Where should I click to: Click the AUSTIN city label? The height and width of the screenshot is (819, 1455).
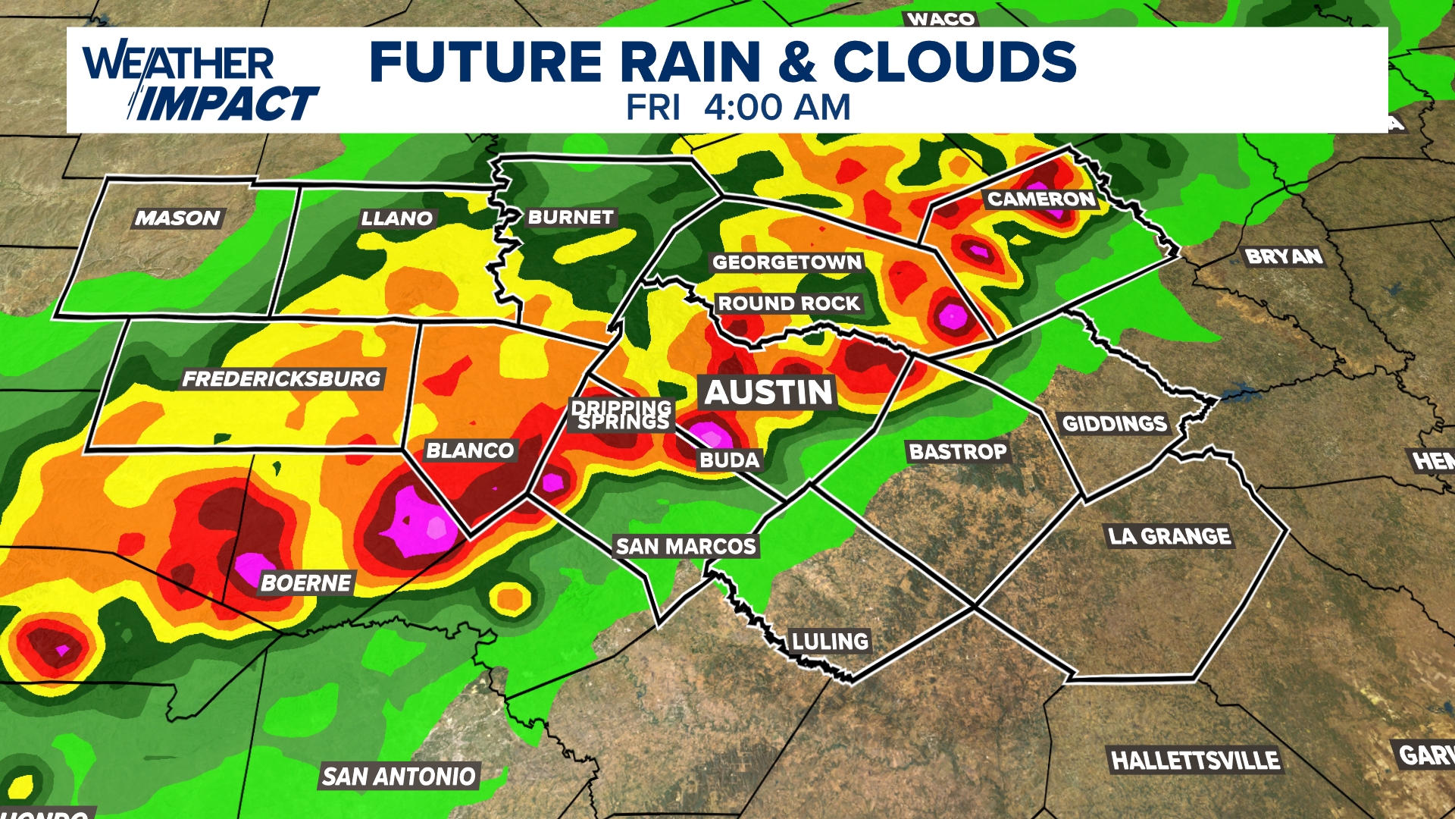point(768,393)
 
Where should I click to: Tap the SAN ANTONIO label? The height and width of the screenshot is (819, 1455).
point(399,777)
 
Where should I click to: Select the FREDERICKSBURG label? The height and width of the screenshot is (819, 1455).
point(282,378)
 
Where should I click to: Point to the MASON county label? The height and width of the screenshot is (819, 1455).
point(177,218)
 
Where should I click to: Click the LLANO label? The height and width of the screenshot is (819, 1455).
point(396,219)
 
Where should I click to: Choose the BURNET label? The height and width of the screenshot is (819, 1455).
point(571,218)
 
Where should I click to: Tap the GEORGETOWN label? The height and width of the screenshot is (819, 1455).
point(787,262)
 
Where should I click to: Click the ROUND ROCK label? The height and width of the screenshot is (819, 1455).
point(789,303)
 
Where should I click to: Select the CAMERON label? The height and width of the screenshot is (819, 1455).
point(1041,199)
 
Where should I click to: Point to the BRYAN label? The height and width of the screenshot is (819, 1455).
point(1284,257)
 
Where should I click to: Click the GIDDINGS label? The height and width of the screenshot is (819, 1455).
point(1114,423)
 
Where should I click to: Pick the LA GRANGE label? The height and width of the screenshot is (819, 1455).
point(1169,536)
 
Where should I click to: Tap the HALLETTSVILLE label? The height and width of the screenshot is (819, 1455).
point(1195,760)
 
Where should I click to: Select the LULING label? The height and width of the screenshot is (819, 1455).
point(830,642)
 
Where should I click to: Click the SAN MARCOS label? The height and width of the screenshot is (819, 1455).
point(686,546)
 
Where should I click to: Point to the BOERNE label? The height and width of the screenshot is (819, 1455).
point(306,582)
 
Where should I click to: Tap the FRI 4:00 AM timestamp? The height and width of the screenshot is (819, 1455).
point(738,108)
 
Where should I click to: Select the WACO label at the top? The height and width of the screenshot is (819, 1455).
point(940,19)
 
